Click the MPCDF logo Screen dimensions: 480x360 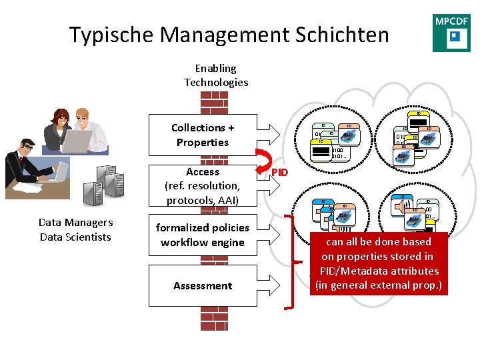[451, 33]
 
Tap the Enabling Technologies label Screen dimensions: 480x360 [216, 75]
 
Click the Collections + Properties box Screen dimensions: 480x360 [203, 135]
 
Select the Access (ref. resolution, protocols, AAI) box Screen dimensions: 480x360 [203, 186]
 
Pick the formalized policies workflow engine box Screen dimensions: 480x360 [203, 235]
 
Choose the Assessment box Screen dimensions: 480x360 [203, 285]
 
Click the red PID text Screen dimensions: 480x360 [279, 172]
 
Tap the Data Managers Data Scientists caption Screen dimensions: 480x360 [75, 230]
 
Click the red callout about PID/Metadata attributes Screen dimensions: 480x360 [379, 263]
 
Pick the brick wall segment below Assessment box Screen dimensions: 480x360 [215, 319]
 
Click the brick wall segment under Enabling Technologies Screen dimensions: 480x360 [215, 102]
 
